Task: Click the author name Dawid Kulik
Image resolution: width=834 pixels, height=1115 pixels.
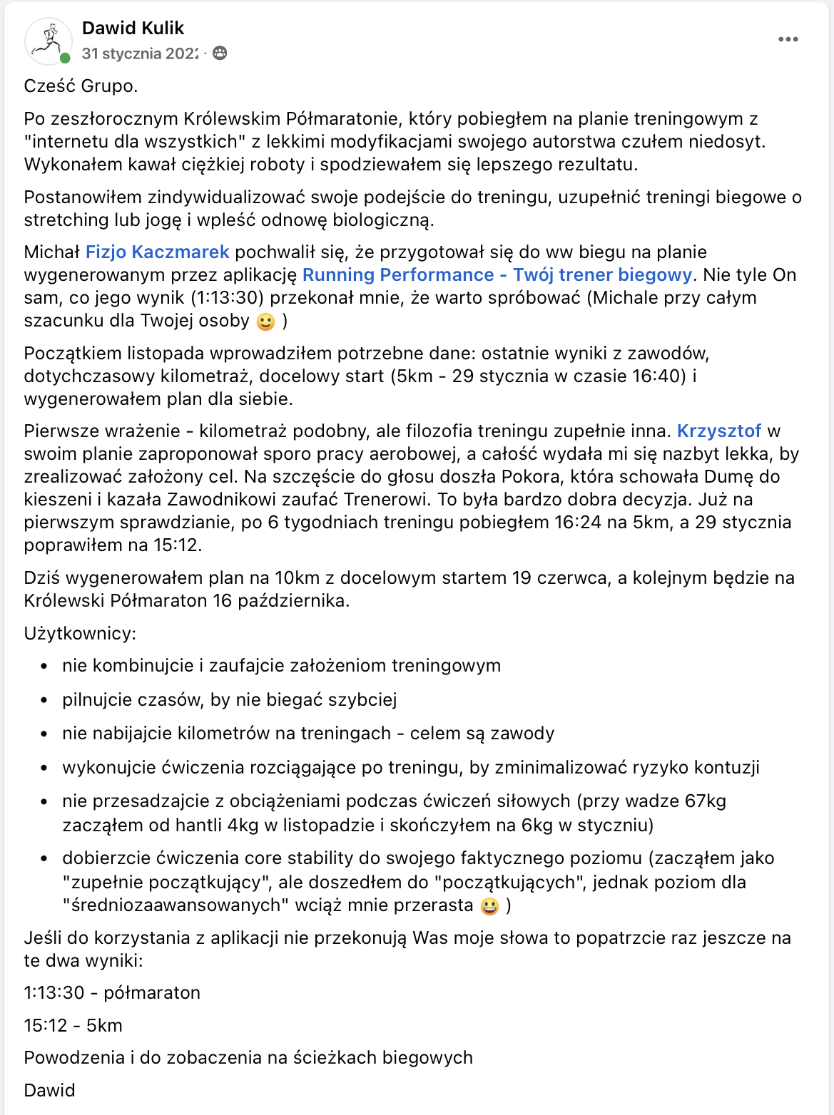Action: point(133,28)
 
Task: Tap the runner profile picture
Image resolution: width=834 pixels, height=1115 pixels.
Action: point(48,41)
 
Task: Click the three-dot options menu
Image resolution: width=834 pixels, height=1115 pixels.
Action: point(788,39)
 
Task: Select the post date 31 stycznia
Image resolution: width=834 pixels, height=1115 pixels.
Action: point(140,53)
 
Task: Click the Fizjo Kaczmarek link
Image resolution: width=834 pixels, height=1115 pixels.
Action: point(157,252)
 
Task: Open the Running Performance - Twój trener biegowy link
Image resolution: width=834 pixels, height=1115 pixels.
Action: point(497,274)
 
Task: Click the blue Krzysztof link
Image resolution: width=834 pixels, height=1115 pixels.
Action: point(719,431)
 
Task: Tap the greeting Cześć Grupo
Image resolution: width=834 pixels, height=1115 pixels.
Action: point(81,86)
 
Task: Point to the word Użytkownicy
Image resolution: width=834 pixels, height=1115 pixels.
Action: point(80,633)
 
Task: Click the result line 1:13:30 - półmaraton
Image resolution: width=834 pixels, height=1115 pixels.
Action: point(112,992)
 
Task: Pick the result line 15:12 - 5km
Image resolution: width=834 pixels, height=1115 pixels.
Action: point(73,1025)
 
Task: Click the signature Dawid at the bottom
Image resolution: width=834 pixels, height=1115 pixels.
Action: point(49,1090)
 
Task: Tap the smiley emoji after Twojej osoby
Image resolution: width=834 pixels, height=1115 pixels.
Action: point(265,322)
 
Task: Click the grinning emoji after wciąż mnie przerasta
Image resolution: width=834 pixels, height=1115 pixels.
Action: point(489,906)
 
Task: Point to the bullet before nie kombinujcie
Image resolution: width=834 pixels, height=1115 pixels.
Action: point(44,667)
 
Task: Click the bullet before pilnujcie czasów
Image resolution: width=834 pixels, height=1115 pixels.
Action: point(44,700)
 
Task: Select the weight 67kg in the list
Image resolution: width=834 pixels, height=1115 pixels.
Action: point(705,801)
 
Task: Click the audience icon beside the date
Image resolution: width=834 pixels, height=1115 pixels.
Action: point(220,53)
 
